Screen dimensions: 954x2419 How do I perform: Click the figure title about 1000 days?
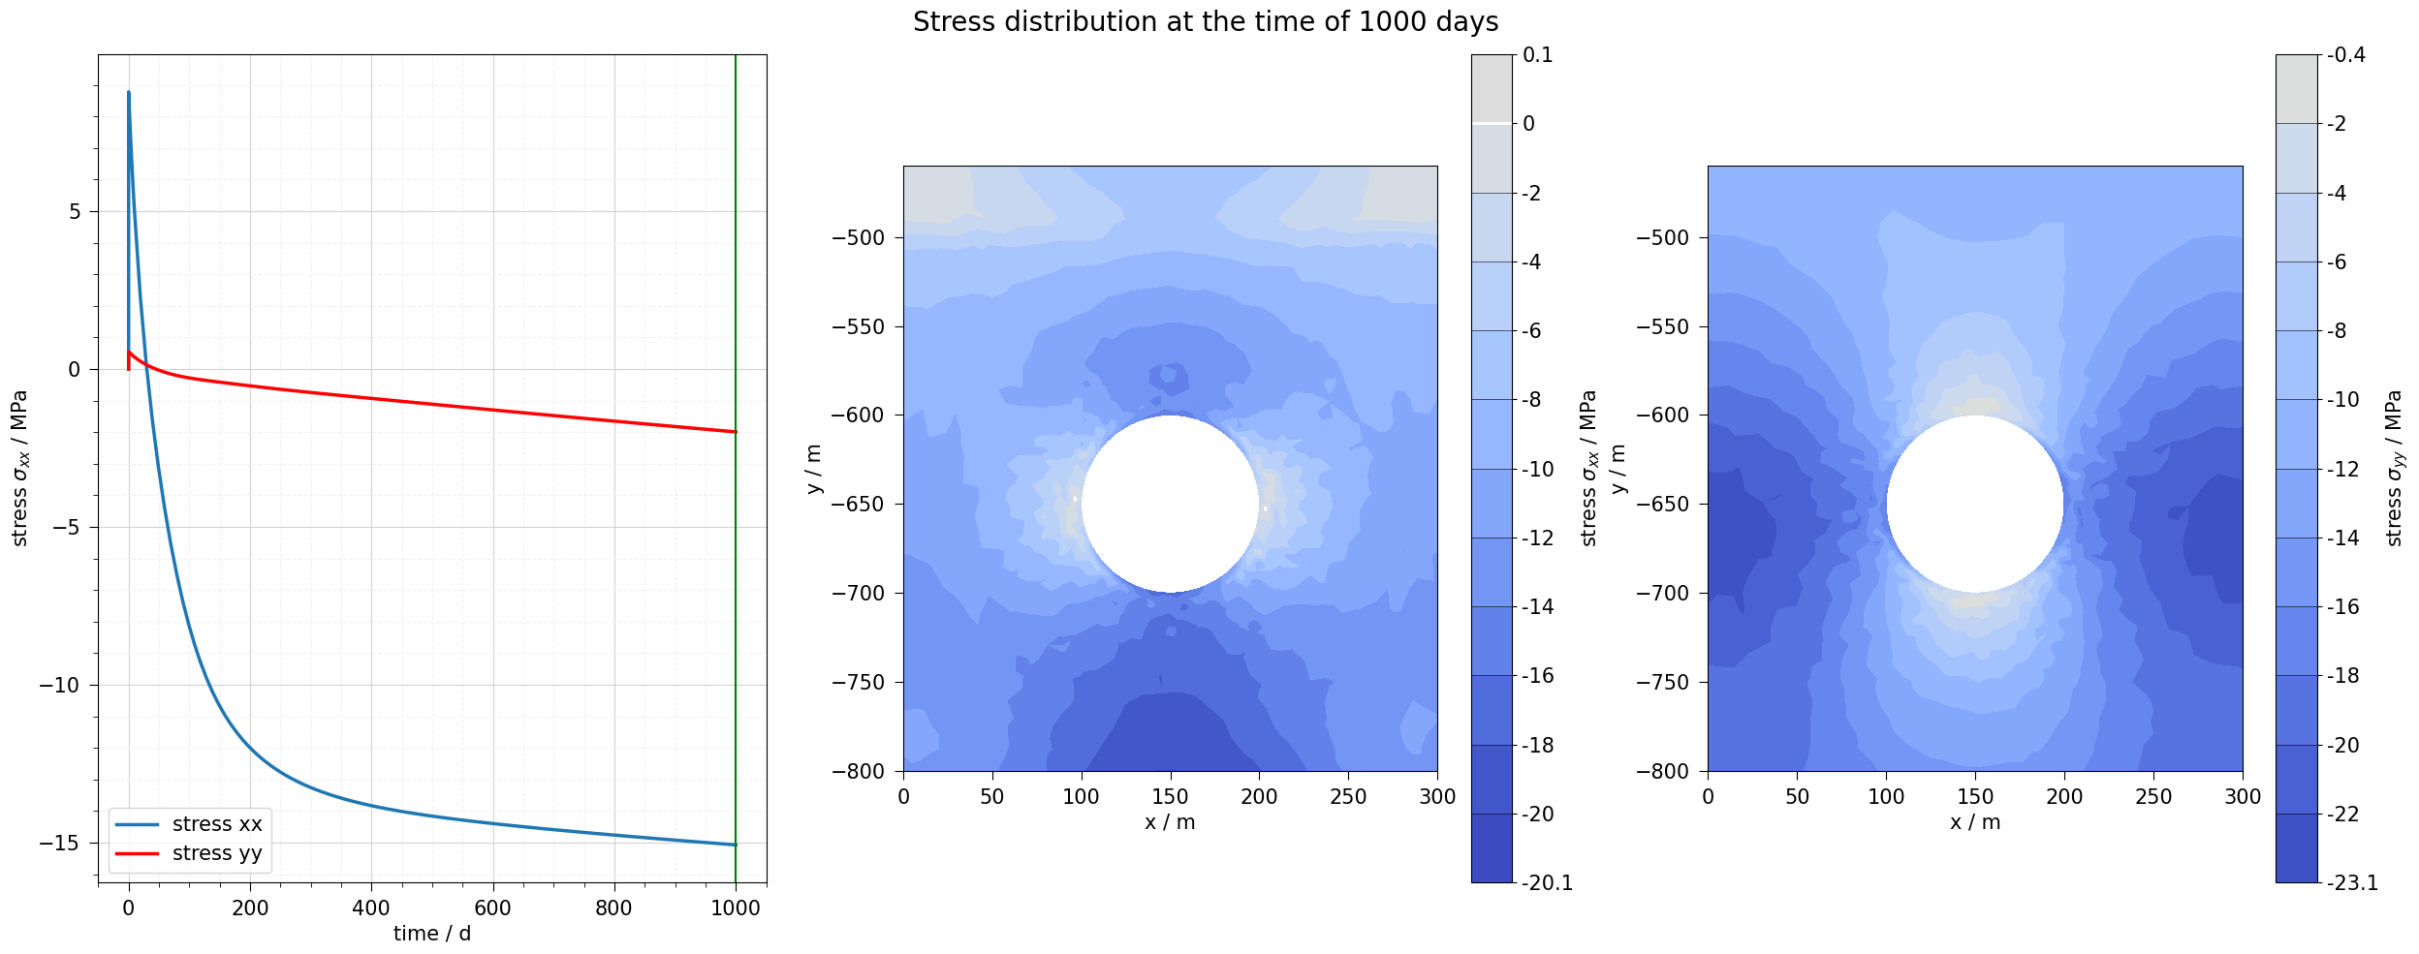pyautogui.click(x=1205, y=22)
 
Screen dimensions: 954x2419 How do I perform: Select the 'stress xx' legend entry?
pyautogui.click(x=217, y=824)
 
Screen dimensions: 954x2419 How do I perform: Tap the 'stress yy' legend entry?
pyautogui.click(x=217, y=853)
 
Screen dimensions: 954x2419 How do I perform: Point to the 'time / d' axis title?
pyautogui.click(x=432, y=934)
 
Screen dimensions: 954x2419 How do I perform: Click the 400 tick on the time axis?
pyautogui.click(x=371, y=908)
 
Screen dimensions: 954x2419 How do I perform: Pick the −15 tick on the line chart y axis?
pyautogui.click(x=60, y=844)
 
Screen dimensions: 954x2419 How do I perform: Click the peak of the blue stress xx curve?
pyautogui.click(x=129, y=93)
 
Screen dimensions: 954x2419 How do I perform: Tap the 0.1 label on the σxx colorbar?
pyautogui.click(x=1538, y=55)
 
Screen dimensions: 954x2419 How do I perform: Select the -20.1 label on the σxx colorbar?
pyautogui.click(x=1547, y=883)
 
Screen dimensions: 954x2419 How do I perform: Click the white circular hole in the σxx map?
pyautogui.click(x=1170, y=504)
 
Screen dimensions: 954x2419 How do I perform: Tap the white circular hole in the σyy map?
pyautogui.click(x=1974, y=504)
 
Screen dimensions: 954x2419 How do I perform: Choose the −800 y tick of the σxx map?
pyautogui.click(x=859, y=772)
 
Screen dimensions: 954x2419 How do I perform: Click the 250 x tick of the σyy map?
pyautogui.click(x=2153, y=797)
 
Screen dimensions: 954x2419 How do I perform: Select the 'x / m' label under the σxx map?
pyautogui.click(x=1170, y=823)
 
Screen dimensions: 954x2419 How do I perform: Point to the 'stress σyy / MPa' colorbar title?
pyautogui.click(x=2395, y=468)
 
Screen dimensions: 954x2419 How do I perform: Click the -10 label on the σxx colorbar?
pyautogui.click(x=1538, y=470)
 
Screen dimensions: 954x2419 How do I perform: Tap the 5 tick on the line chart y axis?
pyautogui.click(x=75, y=212)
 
